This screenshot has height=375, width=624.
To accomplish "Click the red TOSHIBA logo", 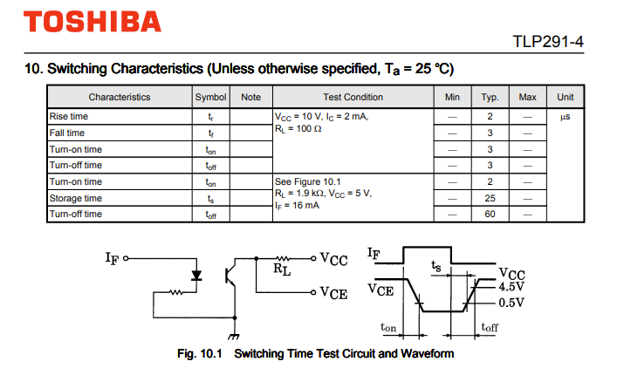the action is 93,22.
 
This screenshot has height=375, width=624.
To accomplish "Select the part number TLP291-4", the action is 548,41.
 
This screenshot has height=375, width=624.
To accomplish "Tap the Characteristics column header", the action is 120,97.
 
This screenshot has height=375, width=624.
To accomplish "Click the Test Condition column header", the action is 353,97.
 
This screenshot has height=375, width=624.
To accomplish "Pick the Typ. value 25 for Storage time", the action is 490,198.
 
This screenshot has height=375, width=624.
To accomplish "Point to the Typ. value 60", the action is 490,214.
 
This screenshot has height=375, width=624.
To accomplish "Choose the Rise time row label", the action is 68,117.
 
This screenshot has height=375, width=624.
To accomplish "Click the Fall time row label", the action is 67,133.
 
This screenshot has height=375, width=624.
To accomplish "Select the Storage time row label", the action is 76,198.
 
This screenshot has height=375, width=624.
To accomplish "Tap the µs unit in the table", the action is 566,117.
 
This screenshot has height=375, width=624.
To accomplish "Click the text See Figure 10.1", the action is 307,181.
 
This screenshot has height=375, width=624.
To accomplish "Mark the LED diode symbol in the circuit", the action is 196,276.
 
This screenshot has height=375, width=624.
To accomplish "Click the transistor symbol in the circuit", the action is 230,276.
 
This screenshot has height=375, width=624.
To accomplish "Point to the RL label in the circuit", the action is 282,269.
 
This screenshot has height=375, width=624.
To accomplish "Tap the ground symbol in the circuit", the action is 234,337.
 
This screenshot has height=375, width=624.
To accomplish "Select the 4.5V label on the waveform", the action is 511,287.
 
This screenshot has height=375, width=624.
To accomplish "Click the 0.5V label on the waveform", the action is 511,303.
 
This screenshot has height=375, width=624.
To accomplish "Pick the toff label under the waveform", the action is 490,327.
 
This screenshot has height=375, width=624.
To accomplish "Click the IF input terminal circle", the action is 126,258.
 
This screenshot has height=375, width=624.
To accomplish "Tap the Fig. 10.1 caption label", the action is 199,353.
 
